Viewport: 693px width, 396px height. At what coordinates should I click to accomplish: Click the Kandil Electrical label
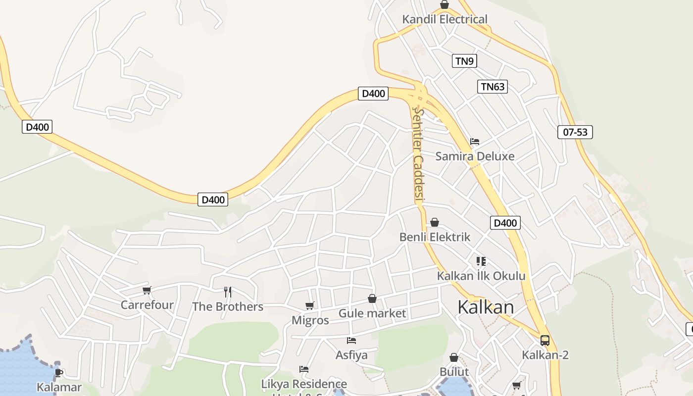point(445,19)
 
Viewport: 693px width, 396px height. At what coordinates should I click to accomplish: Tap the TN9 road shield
point(464,61)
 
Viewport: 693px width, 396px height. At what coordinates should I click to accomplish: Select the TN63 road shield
point(493,87)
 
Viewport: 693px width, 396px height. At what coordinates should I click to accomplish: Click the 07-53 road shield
point(575,132)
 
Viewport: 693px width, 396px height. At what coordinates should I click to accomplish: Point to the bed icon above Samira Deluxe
point(475,142)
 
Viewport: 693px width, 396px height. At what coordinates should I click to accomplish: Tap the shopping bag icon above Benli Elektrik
point(435,222)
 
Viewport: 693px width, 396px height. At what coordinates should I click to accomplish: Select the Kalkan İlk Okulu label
point(481,276)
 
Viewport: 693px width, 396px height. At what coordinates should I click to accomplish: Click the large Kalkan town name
point(486,307)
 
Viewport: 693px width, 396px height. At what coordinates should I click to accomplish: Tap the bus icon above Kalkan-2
point(544,340)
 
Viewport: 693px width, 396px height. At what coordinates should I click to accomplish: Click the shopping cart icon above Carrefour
point(147,290)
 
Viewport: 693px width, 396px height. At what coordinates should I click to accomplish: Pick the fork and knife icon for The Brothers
point(228,292)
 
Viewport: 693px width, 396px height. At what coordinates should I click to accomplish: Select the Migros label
point(310,320)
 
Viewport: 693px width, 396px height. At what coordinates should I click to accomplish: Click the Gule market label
point(372,313)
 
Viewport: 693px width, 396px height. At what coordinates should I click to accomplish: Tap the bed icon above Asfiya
point(351,341)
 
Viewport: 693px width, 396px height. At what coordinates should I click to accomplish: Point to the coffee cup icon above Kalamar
point(59,373)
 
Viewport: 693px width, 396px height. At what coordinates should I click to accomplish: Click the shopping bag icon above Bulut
point(454,357)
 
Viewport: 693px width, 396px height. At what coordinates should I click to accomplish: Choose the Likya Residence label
point(304,384)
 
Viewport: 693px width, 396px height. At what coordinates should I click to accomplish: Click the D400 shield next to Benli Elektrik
point(505,223)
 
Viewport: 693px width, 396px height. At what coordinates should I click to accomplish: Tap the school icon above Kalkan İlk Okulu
point(481,261)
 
